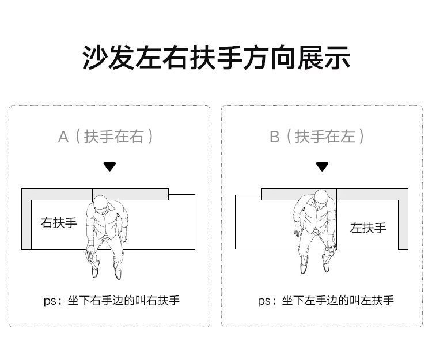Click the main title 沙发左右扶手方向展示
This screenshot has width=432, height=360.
pyautogui.click(x=216, y=58)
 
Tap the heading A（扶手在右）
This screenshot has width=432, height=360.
pyautogui.click(x=107, y=137)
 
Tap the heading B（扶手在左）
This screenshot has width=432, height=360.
pyautogui.click(x=318, y=137)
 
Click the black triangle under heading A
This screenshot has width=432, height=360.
pyautogui.click(x=109, y=167)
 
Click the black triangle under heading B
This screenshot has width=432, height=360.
pyautogui.click(x=322, y=167)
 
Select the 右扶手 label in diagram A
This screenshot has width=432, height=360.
pyautogui.click(x=58, y=222)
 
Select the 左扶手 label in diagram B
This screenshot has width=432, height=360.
pyautogui.click(x=367, y=227)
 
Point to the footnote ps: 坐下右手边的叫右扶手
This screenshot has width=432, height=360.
pyautogui.click(x=111, y=300)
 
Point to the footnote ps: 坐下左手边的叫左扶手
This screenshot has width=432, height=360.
pyautogui.click(x=325, y=300)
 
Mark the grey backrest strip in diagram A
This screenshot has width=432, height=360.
pyautogui.click(x=130, y=194)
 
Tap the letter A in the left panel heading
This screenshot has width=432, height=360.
pyautogui.click(x=63, y=137)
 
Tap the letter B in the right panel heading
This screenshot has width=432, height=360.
pyautogui.click(x=274, y=137)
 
